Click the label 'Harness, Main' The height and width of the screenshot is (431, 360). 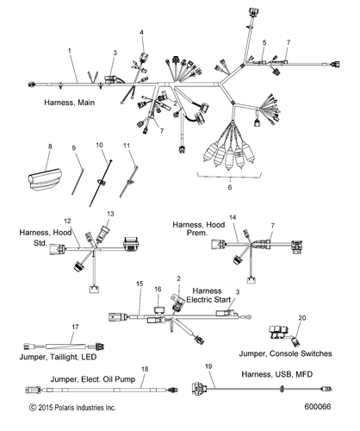point(70,103)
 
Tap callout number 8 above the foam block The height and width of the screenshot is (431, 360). point(50,147)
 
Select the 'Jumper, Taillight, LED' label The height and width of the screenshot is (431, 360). point(58,357)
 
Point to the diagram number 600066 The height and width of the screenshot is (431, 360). point(318,407)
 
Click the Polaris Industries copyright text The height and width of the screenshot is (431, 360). point(72,408)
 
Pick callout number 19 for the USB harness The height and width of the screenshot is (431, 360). point(208,366)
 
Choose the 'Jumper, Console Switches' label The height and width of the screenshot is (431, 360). point(286,353)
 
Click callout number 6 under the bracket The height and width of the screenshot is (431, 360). point(230,187)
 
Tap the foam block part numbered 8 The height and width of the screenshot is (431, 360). point(45,179)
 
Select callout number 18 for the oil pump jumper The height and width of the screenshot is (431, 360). point(145,369)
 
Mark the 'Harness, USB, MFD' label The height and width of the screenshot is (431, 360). point(277,374)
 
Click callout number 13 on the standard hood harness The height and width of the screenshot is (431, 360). point(110,214)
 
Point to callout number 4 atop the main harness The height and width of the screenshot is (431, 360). point(141,33)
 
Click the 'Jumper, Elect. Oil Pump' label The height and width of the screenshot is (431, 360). point(93,379)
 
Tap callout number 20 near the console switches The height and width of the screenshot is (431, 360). point(302,318)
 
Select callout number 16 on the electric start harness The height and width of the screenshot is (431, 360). point(158,289)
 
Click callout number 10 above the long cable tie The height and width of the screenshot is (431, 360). point(99,145)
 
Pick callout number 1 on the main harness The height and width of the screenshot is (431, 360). point(70,51)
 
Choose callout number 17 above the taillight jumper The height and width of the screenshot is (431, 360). point(75,327)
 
